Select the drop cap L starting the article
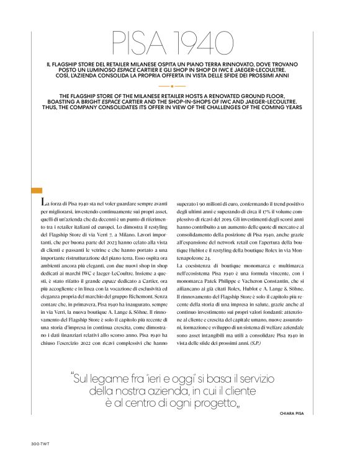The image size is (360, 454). coord(42,203)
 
